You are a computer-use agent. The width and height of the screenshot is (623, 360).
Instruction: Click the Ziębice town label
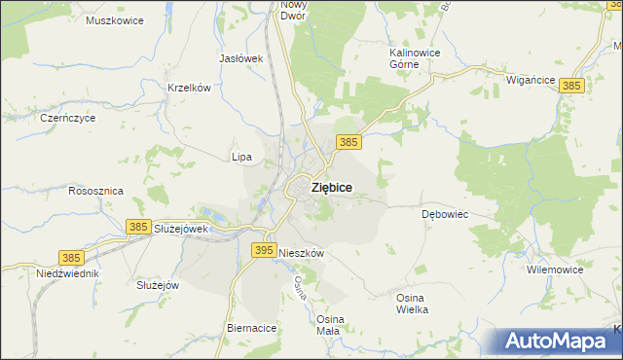click(332, 187)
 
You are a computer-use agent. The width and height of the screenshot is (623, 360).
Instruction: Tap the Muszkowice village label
click(115, 20)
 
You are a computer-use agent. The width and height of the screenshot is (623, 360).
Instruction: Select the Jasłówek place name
click(242, 58)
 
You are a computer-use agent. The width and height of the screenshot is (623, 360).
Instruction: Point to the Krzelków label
click(189, 88)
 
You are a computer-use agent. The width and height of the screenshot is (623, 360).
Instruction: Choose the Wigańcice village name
click(531, 81)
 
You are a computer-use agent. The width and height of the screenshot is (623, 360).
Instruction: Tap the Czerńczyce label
click(67, 118)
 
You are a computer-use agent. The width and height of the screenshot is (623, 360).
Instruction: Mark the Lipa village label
click(241, 157)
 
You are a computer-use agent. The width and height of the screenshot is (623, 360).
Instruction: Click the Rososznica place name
click(95, 192)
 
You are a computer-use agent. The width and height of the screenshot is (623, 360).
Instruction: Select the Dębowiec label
click(446, 213)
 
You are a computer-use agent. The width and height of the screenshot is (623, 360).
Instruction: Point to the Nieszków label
click(301, 252)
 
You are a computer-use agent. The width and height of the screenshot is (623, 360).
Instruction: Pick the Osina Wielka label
click(412, 303)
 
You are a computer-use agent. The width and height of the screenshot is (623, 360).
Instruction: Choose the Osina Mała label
click(328, 324)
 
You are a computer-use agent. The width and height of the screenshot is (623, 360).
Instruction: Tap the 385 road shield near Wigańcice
click(572, 87)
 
